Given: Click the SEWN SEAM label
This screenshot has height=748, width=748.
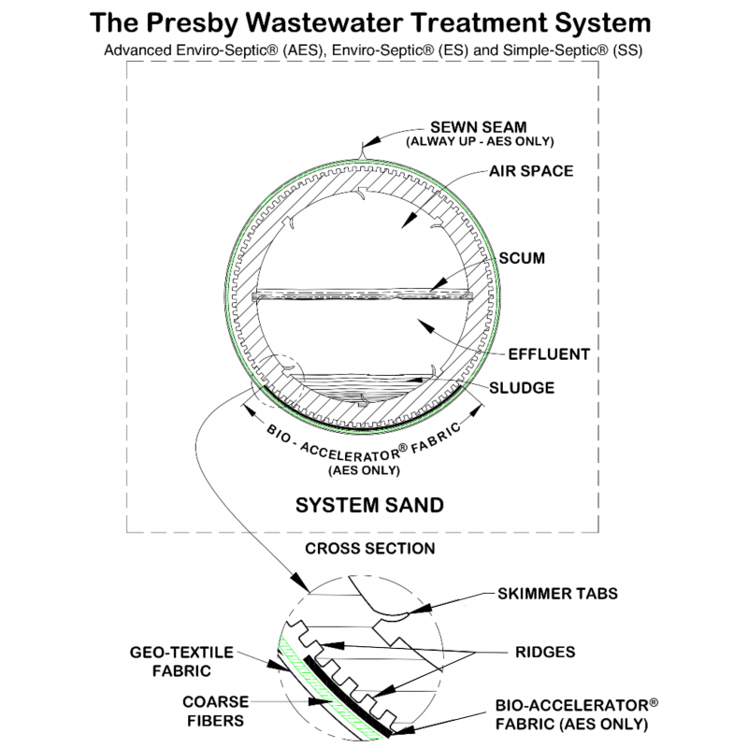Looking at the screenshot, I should (478, 126).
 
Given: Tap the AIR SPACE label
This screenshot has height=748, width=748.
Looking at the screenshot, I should (531, 172).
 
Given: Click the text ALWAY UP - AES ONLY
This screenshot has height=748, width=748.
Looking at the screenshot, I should (480, 141).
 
